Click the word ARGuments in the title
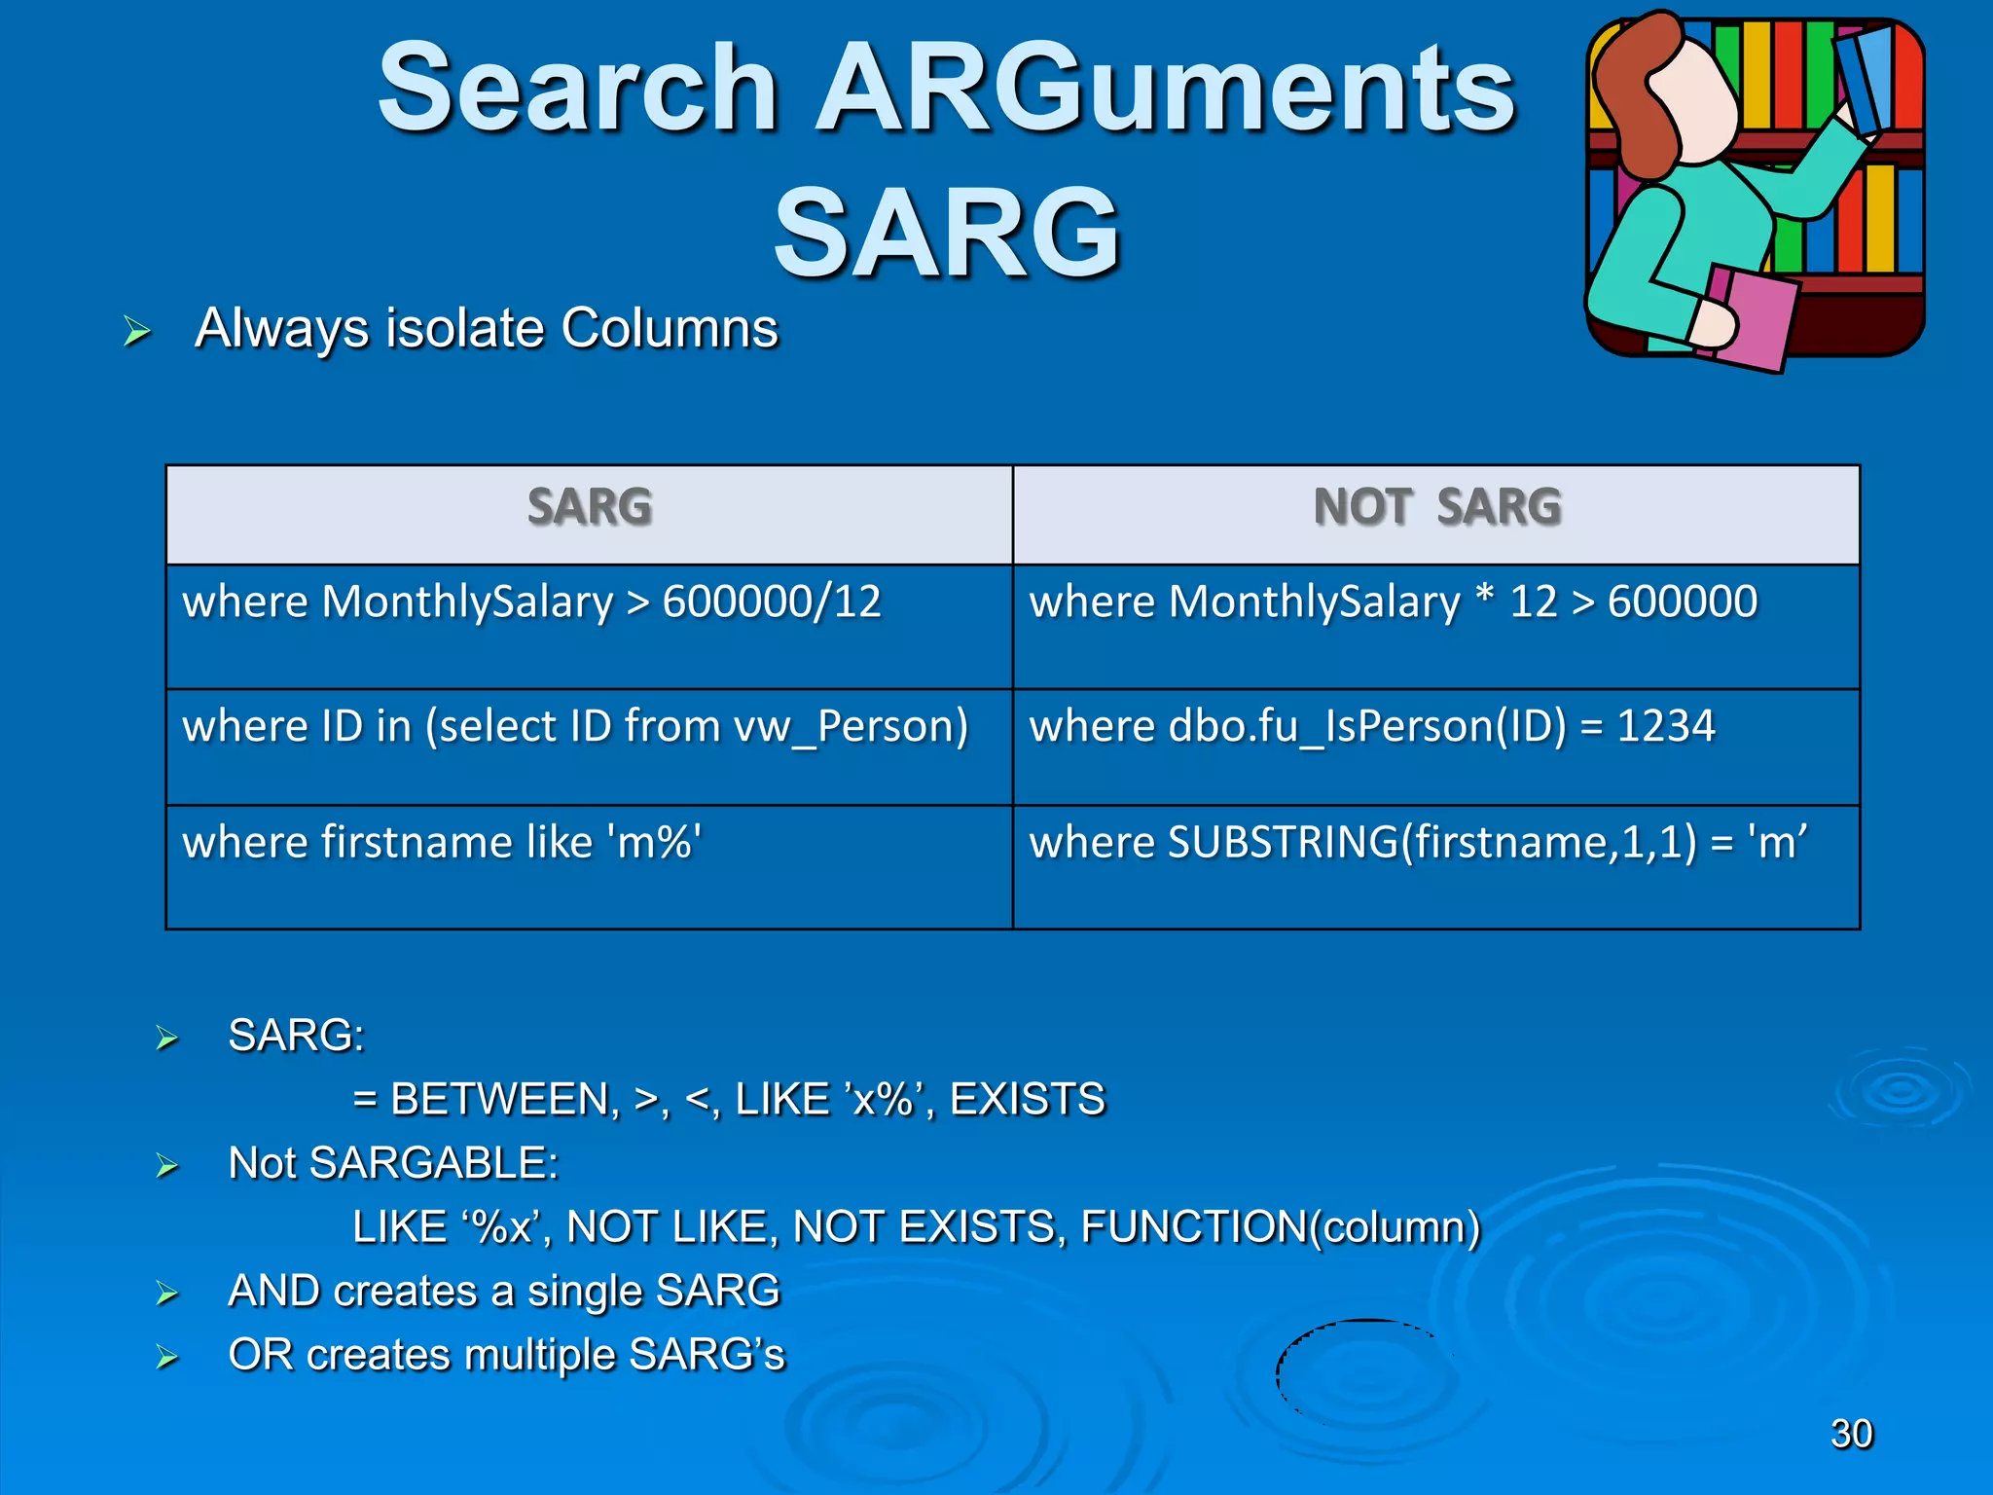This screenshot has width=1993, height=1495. coord(1164,90)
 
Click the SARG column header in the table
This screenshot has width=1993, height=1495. coord(589,507)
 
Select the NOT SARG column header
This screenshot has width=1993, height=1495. coord(1436,507)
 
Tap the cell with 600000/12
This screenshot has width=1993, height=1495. coord(589,625)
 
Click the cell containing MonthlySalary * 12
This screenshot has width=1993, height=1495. coord(1436,625)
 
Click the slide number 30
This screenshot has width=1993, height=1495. coord(1851,1434)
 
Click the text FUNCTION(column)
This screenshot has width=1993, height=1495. coord(1281,1227)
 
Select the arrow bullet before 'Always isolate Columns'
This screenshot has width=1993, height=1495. coord(137,332)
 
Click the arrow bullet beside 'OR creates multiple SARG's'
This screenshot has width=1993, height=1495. coord(167,1357)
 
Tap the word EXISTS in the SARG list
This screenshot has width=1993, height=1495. coord(1027,1100)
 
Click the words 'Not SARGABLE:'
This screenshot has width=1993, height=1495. coord(393,1163)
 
